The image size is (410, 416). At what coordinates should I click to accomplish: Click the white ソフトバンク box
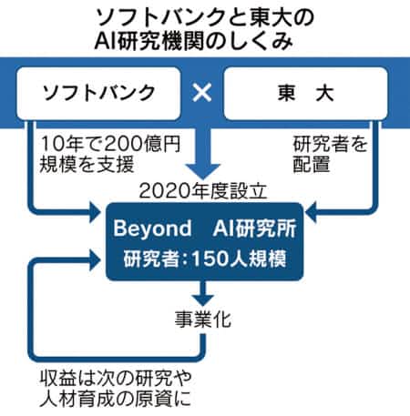(x=98, y=94)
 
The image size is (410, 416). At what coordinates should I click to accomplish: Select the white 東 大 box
(x=305, y=94)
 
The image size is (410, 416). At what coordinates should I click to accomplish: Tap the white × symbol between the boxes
(x=202, y=92)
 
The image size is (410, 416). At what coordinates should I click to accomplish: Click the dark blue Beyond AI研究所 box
(x=204, y=241)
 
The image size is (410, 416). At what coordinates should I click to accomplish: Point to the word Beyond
(x=152, y=228)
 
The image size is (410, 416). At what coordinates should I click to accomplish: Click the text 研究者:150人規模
(x=205, y=259)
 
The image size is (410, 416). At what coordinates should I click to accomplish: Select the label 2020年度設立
(x=202, y=191)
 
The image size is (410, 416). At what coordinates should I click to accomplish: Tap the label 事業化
(x=203, y=319)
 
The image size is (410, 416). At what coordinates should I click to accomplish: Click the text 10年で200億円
(x=110, y=144)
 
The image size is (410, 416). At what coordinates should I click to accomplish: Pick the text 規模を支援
(x=87, y=164)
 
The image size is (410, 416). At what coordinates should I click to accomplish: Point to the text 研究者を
(x=331, y=144)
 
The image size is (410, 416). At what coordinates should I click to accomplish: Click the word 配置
(x=312, y=164)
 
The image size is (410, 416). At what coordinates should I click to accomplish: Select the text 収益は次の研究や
(x=116, y=378)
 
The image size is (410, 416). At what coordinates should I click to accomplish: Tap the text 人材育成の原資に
(x=115, y=398)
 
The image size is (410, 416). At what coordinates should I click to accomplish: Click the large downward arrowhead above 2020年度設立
(x=203, y=171)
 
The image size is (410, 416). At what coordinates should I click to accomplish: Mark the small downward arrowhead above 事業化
(x=203, y=300)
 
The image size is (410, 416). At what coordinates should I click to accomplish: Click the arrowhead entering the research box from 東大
(x=311, y=211)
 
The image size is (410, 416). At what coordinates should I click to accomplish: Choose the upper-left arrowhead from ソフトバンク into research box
(x=95, y=211)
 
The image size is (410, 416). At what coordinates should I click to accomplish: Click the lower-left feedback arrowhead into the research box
(x=95, y=260)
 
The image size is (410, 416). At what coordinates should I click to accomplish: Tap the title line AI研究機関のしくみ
(x=194, y=40)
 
